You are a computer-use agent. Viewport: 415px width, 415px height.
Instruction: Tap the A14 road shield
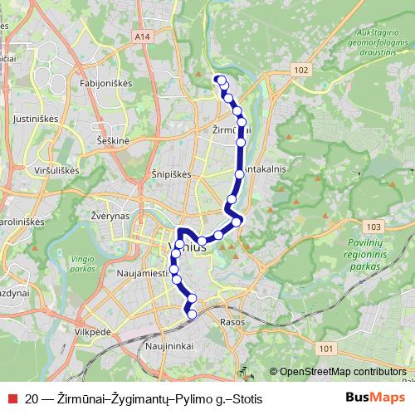[141, 37]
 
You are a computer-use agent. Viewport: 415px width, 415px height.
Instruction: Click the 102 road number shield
[300, 72]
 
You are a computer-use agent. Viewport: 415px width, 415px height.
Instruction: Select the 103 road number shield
[373, 226]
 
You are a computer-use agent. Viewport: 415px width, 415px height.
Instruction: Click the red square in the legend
[12, 399]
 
